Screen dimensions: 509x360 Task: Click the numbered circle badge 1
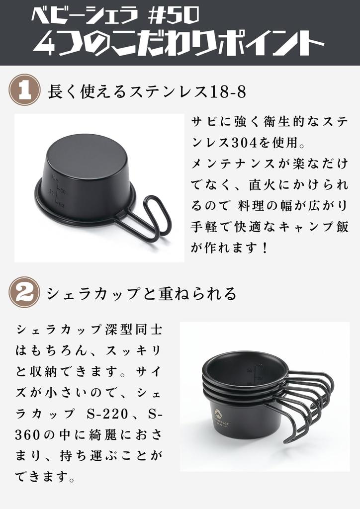(x=24, y=90)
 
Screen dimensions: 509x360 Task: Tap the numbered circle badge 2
(x=24, y=292)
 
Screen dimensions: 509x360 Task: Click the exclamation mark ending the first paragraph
(x=265, y=247)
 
